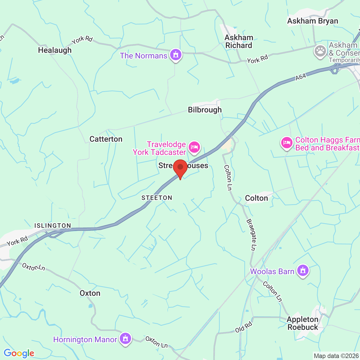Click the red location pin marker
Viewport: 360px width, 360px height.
[180, 168]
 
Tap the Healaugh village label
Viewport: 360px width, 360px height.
[55, 50]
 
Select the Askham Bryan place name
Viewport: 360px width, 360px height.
[312, 21]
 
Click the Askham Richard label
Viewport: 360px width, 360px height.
[239, 42]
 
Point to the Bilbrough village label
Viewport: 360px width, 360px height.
[205, 110]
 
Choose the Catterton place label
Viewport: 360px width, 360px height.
[106, 139]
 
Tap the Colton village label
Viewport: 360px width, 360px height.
[256, 198]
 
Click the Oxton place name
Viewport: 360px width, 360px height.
[90, 293]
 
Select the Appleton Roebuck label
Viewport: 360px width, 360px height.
[303, 323]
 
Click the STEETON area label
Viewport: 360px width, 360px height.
[157, 198]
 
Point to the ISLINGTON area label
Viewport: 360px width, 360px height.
[53, 226]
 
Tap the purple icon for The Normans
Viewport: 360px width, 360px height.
[176, 55]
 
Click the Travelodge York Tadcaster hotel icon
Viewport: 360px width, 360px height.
[194, 147]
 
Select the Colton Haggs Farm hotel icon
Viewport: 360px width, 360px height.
[287, 143]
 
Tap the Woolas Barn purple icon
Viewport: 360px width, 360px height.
[303, 271]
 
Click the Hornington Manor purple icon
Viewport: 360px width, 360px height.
[125, 338]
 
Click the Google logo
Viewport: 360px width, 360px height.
[19, 353]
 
